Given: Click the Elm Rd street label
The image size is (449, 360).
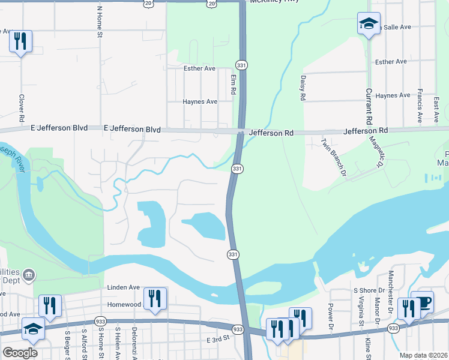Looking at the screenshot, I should [x=233, y=85].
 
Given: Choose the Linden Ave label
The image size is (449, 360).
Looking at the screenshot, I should [x=124, y=288].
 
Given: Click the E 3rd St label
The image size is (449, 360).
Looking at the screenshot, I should [x=218, y=340].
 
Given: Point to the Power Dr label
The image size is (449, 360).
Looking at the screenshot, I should [x=331, y=316].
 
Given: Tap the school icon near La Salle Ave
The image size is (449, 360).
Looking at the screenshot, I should [x=369, y=24].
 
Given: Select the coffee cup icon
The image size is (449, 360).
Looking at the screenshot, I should [x=423, y=302].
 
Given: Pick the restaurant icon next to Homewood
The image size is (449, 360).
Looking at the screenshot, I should [x=155, y=298].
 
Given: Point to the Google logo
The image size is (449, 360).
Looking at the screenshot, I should [x=20, y=352].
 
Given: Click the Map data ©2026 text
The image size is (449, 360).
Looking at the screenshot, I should [x=423, y=355].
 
